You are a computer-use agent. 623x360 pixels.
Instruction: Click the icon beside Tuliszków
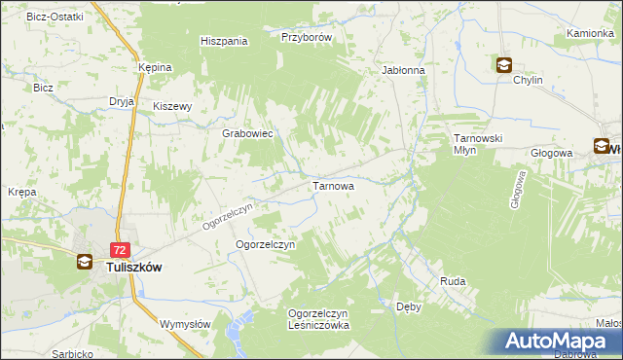(86, 262)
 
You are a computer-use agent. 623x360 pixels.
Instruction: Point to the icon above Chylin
(504, 66)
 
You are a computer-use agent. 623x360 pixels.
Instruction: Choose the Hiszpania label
(224, 41)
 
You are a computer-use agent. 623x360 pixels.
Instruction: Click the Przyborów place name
(308, 37)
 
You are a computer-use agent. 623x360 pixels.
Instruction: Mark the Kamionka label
(590, 33)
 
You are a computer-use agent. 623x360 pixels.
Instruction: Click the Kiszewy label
(174, 107)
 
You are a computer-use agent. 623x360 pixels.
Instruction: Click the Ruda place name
(453, 281)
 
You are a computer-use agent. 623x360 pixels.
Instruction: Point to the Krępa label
(21, 192)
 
